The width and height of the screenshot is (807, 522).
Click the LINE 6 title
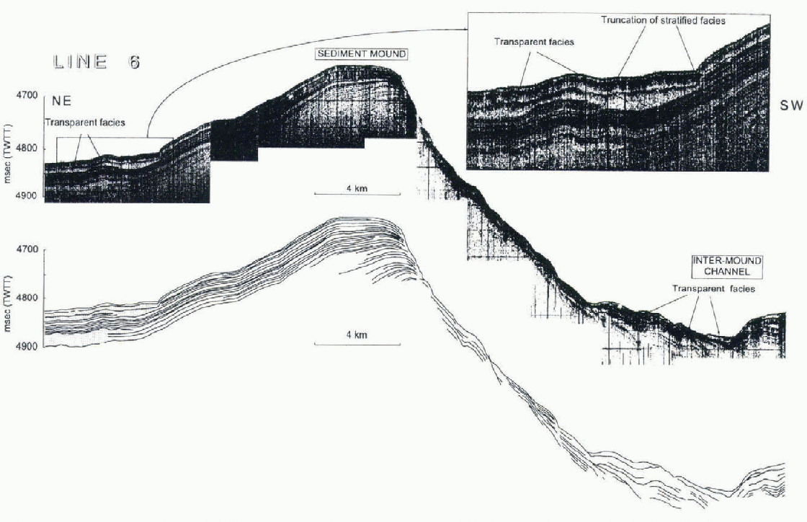point(97,62)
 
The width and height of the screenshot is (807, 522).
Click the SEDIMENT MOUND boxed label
point(355,53)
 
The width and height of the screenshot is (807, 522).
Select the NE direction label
point(61,102)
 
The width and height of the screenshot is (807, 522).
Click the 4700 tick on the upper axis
point(29,95)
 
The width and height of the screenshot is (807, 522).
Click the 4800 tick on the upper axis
point(29,149)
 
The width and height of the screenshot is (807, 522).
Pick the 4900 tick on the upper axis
point(29,195)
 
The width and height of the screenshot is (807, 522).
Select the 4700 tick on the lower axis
point(29,249)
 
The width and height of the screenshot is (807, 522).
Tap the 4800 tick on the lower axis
point(29,298)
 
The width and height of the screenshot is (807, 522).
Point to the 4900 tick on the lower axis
point(29,346)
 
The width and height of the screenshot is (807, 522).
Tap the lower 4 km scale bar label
point(357,335)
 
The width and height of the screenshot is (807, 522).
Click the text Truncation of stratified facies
point(663,21)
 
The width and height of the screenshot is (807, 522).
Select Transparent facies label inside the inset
point(534,42)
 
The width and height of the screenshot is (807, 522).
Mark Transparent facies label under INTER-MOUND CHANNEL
point(713,289)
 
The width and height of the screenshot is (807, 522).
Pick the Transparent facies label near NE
point(85,123)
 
